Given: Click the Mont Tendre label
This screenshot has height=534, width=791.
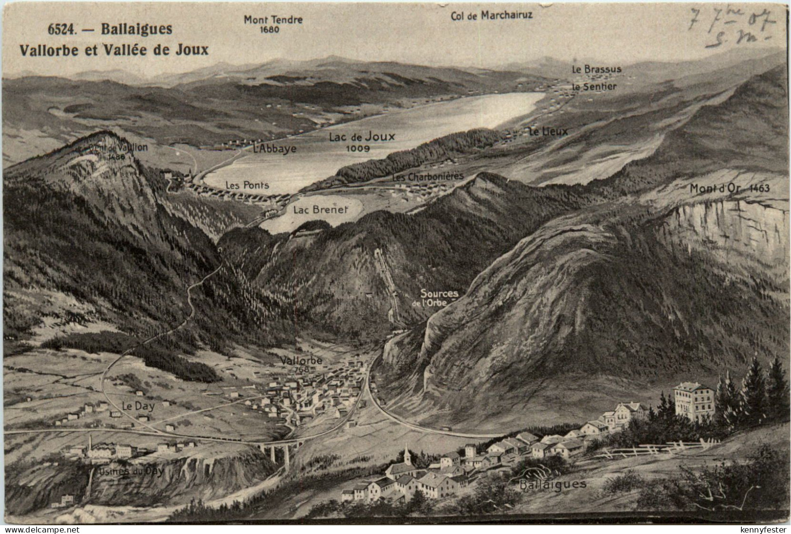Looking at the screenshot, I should [x=273, y=20].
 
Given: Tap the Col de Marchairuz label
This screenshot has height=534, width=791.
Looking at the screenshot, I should [x=492, y=15].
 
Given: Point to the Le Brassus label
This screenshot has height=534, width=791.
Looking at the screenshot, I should [x=596, y=70].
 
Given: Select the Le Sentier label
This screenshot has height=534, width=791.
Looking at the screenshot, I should [x=594, y=87].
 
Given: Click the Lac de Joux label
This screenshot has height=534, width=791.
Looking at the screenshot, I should [x=362, y=137].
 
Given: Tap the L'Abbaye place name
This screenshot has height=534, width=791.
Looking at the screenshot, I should [x=275, y=148].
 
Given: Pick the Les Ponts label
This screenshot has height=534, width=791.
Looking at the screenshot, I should [x=247, y=185].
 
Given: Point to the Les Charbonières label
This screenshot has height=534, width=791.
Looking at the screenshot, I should [x=428, y=177].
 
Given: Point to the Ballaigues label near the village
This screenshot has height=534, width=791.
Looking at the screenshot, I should [x=553, y=484].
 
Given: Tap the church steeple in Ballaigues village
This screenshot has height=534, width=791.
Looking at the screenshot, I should [x=407, y=454].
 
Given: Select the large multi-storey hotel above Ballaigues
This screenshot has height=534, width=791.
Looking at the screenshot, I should [x=693, y=402].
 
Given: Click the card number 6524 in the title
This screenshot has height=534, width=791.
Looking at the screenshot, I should [x=62, y=29].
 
